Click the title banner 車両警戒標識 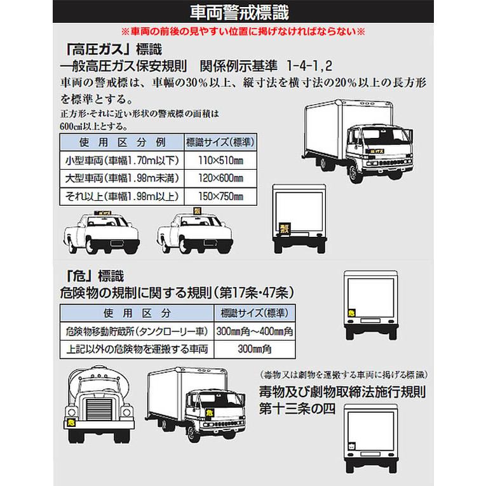click(243, 12)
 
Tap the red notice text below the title click(243, 31)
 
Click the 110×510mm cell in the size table click(220, 159)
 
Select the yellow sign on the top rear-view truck click(283, 227)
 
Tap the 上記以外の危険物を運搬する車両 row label click(137, 349)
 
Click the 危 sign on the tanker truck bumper click(71, 422)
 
